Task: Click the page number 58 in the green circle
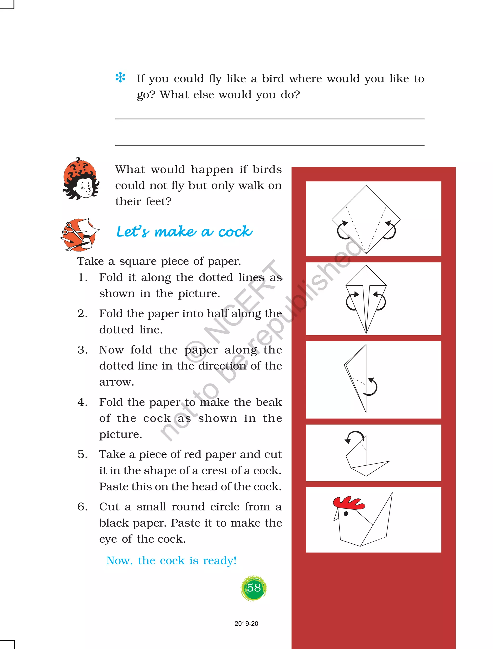click(254, 588)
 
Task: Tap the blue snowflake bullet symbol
click(120, 78)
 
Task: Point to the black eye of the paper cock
click(346, 513)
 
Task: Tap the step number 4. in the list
click(83, 402)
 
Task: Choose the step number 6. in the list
click(83, 507)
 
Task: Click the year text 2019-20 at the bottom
click(246, 624)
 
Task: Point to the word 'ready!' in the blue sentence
click(220, 561)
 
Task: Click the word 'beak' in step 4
click(269, 402)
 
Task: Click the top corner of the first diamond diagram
click(366, 185)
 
